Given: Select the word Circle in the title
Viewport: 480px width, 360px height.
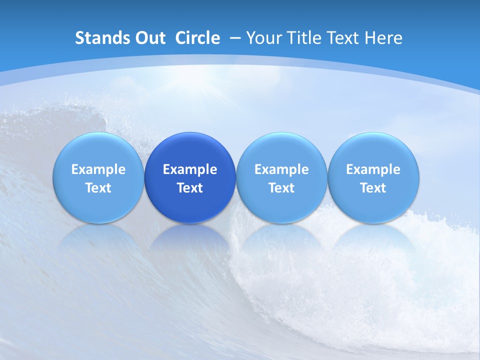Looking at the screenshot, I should (x=197, y=38).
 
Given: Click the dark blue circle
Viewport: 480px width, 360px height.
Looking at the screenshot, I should (x=190, y=177).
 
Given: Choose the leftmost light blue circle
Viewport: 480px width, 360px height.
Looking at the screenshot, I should (x=98, y=177).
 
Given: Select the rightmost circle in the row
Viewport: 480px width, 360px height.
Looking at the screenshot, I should (x=373, y=177).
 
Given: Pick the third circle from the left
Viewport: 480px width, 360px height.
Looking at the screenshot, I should (x=281, y=177).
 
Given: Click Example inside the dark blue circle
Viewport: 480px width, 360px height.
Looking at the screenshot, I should (x=190, y=169).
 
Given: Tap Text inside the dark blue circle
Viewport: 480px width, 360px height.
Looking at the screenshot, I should (x=190, y=188).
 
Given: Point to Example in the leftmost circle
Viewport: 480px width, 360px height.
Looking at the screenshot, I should (x=98, y=169).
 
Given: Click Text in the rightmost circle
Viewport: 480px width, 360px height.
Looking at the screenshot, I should (x=373, y=188).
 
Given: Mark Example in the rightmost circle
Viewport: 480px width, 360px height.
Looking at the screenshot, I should (x=373, y=169).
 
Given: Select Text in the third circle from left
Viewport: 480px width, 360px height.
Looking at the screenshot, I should (x=281, y=188).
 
